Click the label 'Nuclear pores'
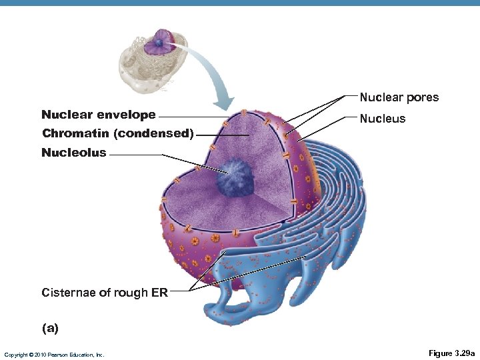point(399,97)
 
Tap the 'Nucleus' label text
point(382,119)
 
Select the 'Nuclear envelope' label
point(98,115)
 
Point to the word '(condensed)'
point(153,133)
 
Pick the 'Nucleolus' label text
point(73,153)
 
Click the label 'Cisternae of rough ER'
point(104,292)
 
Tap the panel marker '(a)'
point(50,328)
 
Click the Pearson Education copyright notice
point(54,354)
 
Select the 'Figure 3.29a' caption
point(451,353)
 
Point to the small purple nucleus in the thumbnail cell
point(161,43)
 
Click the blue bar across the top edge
point(240,3)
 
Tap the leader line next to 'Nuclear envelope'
point(193,117)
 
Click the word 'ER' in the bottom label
point(160,292)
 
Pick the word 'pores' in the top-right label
point(424,97)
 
